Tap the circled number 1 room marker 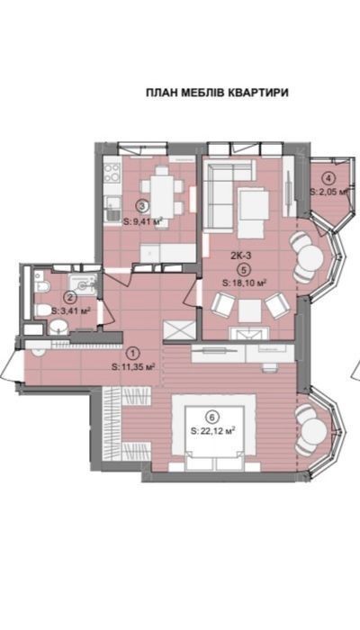click(x=133, y=354)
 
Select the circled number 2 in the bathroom click(x=71, y=298)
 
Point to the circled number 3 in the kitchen click(x=142, y=206)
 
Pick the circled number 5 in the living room click(x=241, y=269)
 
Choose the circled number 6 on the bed click(x=211, y=416)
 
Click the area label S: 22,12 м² click(x=213, y=431)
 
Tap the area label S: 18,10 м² click(x=245, y=283)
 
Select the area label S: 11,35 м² click(x=134, y=366)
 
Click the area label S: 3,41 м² click(x=70, y=311)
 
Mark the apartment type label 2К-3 click(x=241, y=255)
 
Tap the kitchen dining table click(x=162, y=196)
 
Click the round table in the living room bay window click(x=311, y=258)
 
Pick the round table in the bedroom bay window click(x=314, y=430)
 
